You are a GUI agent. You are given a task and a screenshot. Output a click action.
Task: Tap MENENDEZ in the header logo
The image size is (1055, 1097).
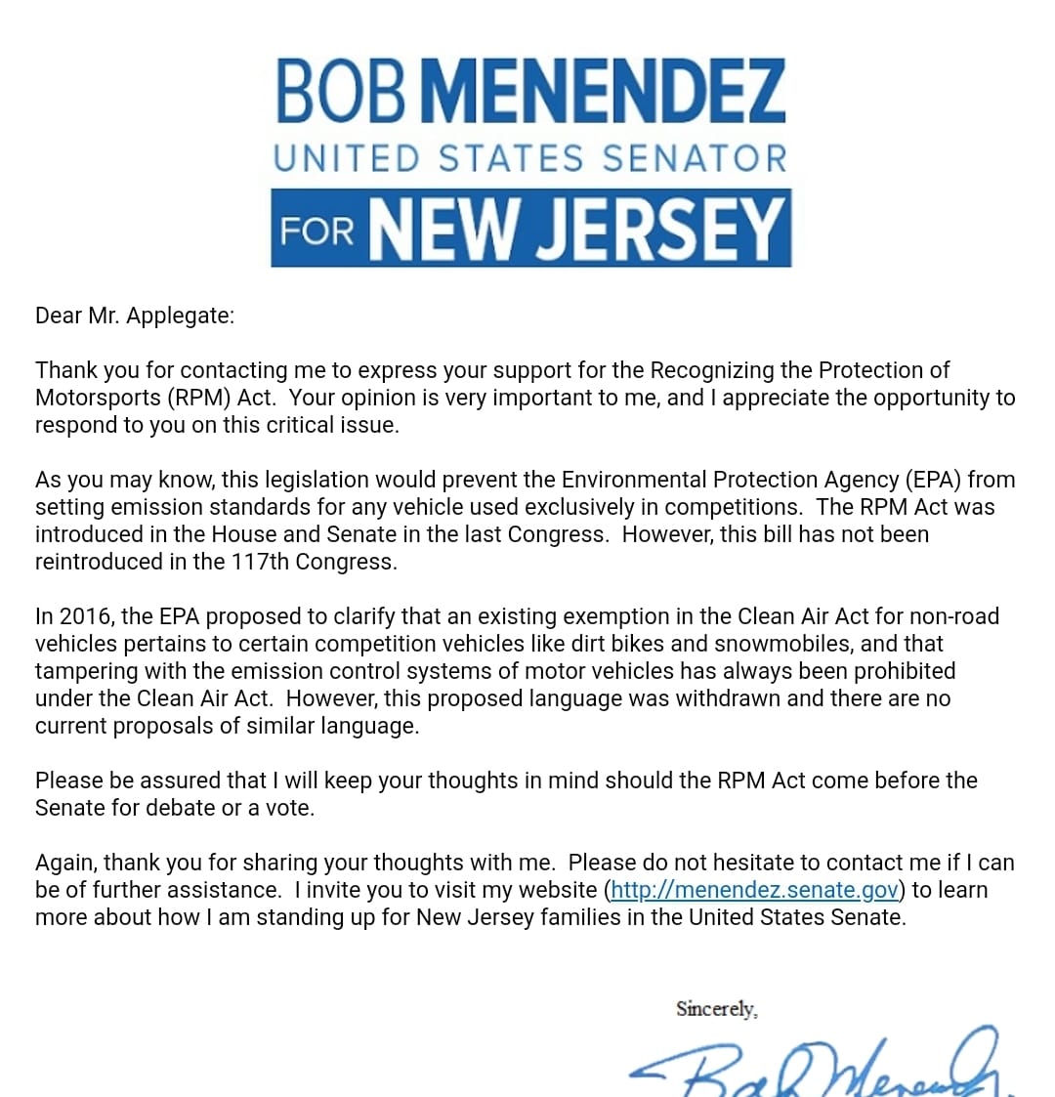[x=606, y=91]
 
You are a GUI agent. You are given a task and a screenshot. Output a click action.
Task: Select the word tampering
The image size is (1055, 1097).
[x=82, y=672]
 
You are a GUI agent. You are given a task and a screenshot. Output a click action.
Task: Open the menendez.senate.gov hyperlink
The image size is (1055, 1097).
[x=754, y=890]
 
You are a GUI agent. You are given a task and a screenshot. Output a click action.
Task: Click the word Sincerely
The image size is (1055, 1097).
[x=716, y=1009]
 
